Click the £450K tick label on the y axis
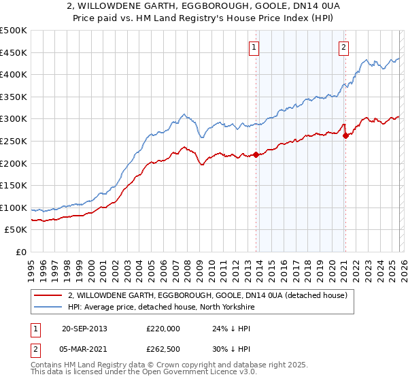click(14, 52)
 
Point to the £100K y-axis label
click(14, 208)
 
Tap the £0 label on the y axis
click(21, 252)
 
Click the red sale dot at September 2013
click(256, 154)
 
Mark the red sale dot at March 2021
click(345, 135)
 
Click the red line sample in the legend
click(48, 295)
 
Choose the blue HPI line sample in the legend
click(48, 308)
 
